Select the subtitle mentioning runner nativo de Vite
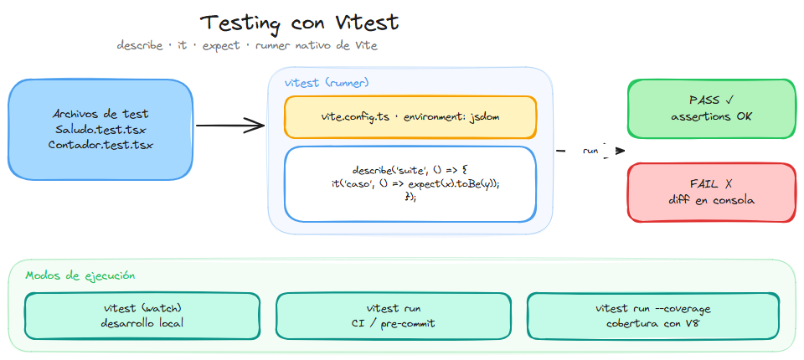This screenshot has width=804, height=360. tap(247, 45)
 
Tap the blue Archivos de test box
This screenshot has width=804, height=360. tap(100, 129)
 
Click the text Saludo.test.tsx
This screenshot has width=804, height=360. tap(100, 129)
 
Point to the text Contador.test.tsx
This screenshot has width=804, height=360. tap(100, 145)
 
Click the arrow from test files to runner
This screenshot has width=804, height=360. tap(230, 127)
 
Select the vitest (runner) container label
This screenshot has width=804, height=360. tap(327, 83)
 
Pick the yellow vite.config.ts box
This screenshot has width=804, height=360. tap(410, 116)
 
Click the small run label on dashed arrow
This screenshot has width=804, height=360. tap(590, 152)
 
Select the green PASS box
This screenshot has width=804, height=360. tap(711, 108)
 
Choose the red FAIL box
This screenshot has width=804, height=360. tap(711, 192)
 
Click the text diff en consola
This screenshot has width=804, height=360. tap(711, 199)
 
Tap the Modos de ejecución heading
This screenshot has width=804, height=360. tap(80, 275)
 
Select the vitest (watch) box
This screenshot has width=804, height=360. tap(142, 316)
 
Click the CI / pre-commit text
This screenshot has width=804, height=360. tap(393, 323)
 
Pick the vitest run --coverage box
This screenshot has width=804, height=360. tap(652, 316)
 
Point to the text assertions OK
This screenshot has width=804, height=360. tap(711, 116)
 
